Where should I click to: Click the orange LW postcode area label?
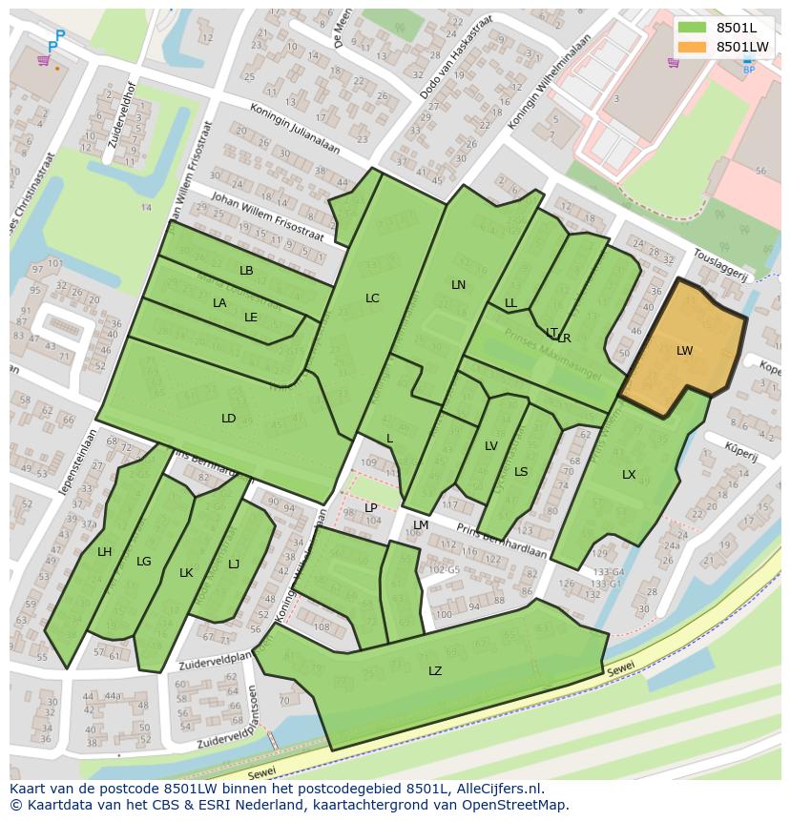click(684, 351)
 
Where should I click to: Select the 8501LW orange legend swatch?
click(692, 47)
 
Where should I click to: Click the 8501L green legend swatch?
click(692, 28)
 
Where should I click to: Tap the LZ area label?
click(435, 671)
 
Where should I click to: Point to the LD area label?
click(229, 419)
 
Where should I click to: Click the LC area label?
click(372, 298)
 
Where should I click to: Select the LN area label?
click(459, 285)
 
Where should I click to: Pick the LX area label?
click(629, 475)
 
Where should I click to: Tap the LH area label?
click(105, 552)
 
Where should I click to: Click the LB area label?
click(246, 271)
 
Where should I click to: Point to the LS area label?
click(521, 472)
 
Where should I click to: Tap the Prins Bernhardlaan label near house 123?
click(502, 541)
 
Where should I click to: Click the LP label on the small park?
click(371, 508)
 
